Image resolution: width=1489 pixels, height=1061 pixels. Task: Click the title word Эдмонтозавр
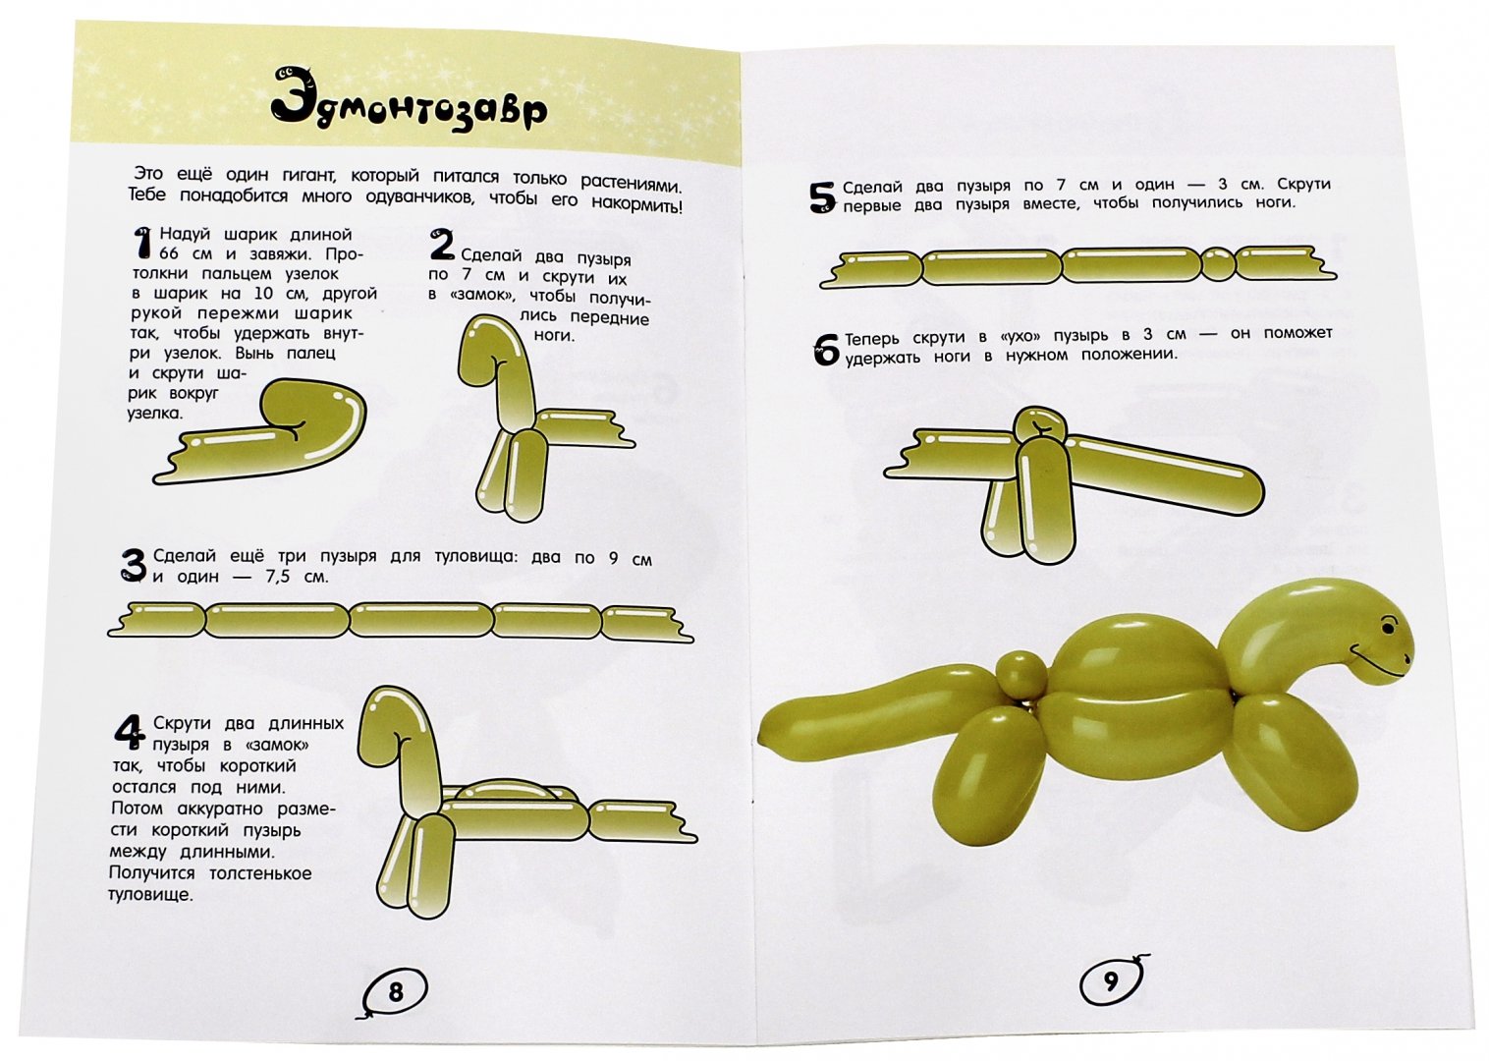pos(411,106)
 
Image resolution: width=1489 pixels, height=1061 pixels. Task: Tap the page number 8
pos(396,992)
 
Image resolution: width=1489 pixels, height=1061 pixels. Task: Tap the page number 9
pos(1112,981)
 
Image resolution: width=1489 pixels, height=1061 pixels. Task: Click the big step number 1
pos(142,244)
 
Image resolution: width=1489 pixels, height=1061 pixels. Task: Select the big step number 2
pos(441,246)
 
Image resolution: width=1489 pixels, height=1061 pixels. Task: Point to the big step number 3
pos(134,566)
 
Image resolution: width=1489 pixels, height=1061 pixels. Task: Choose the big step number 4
pos(129,732)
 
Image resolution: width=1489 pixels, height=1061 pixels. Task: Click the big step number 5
pos(822,197)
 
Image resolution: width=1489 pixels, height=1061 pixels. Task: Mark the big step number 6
pos(826,349)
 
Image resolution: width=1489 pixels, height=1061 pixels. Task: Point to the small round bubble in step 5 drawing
pos(1219,264)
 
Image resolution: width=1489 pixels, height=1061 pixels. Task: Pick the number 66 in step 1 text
pos(169,253)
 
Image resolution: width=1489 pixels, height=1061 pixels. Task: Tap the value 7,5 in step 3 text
pos(279,577)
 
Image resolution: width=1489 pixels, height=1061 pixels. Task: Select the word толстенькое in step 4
pos(260,872)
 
